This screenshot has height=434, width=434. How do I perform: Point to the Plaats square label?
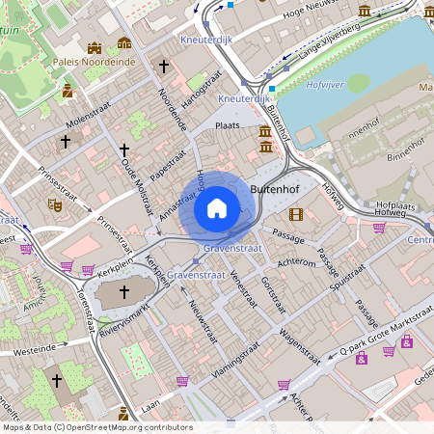(228, 125)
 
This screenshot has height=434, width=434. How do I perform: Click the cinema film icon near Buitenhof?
(295, 213)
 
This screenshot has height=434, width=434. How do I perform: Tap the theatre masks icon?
(55, 204)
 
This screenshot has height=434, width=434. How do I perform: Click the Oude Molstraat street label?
(136, 178)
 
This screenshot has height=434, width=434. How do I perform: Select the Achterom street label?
(296, 262)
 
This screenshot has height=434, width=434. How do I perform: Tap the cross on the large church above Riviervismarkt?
(123, 290)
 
